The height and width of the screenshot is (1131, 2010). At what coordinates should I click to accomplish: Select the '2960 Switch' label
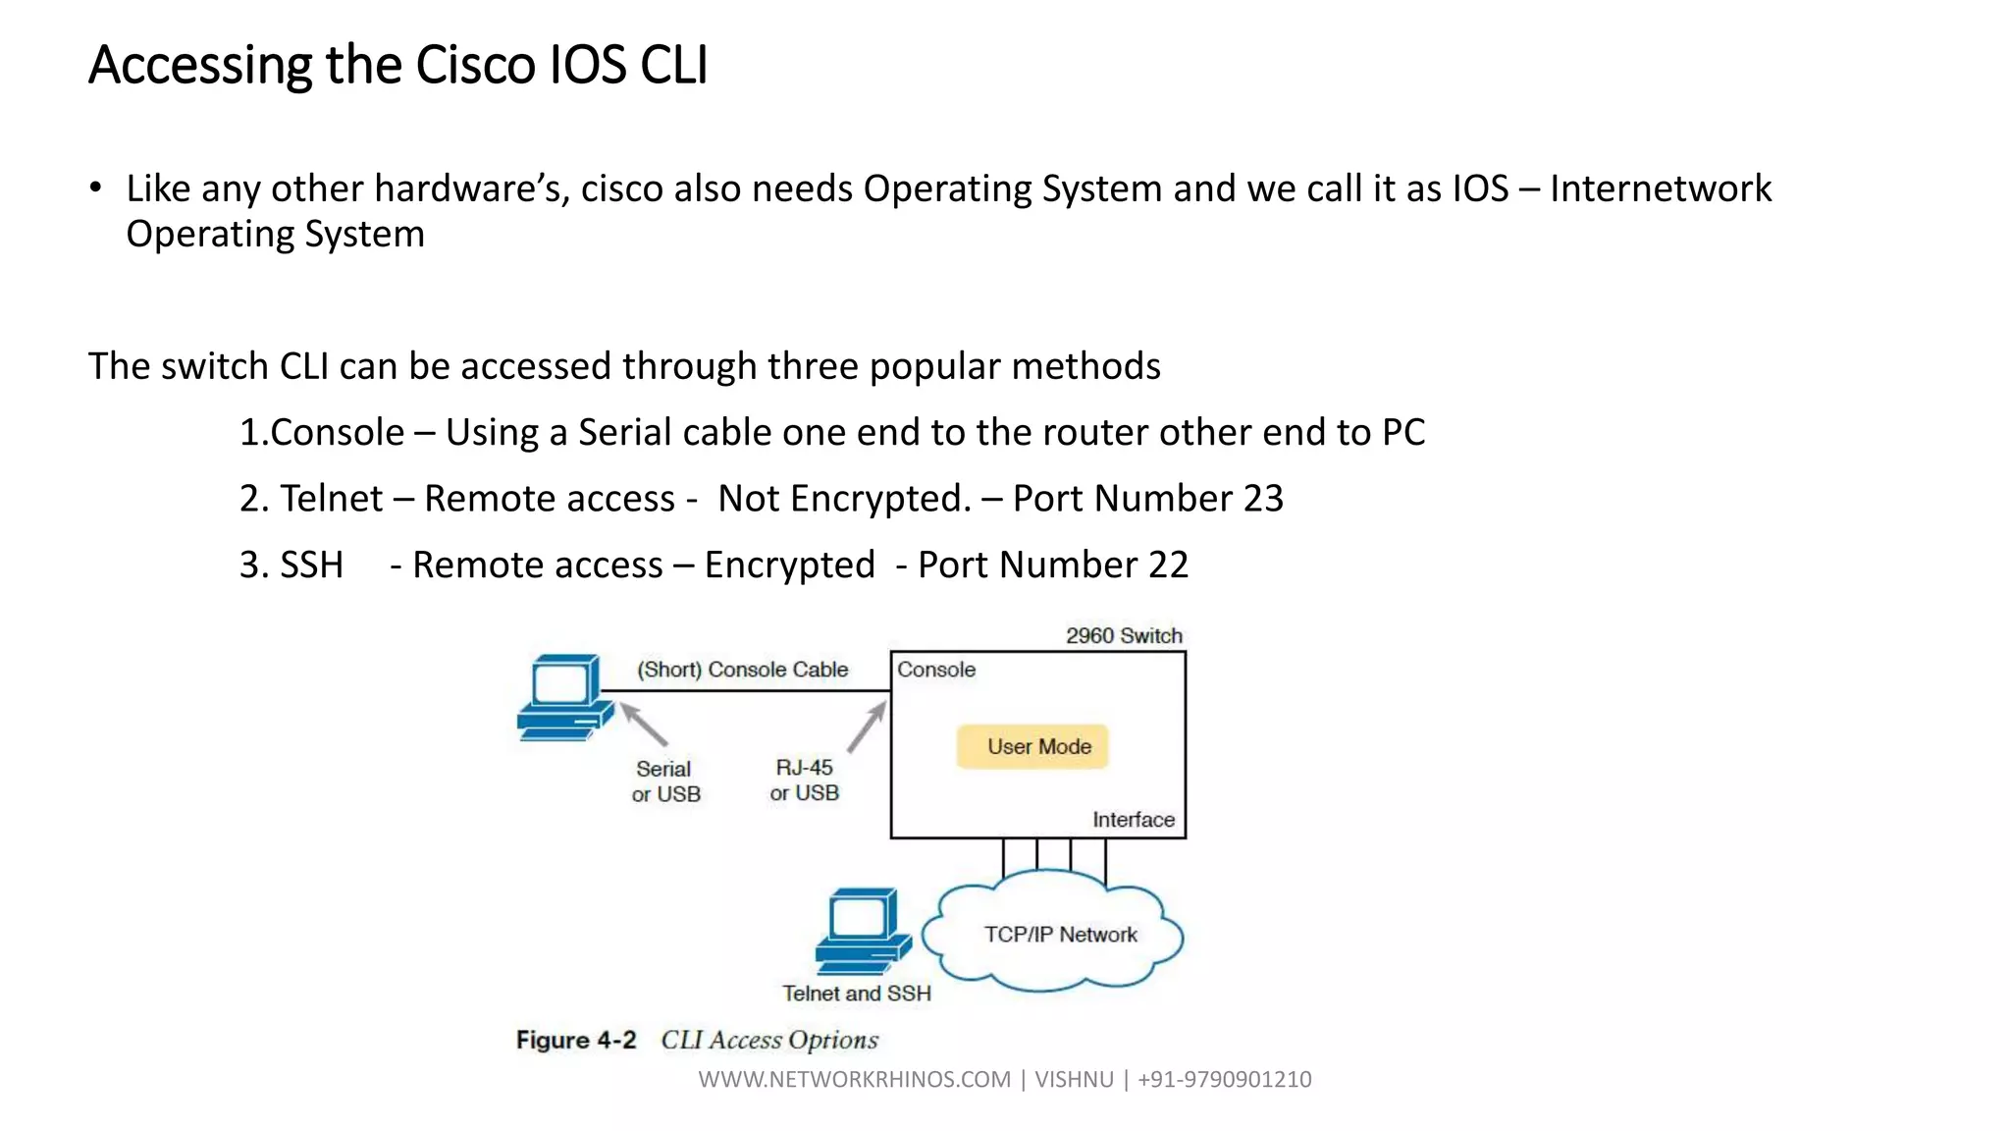pyautogui.click(x=1124, y=635)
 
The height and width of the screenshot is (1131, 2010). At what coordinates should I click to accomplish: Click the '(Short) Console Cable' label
pyautogui.click(x=742, y=670)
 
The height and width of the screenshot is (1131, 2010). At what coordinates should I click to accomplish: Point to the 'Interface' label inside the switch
pyautogui.click(x=1133, y=820)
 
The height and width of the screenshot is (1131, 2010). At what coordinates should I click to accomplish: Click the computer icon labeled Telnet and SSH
pyautogui.click(x=861, y=930)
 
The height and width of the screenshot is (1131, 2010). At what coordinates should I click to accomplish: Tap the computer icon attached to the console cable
pyautogui.click(x=563, y=696)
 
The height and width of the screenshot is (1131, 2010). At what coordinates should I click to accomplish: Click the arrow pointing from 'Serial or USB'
pyautogui.click(x=644, y=725)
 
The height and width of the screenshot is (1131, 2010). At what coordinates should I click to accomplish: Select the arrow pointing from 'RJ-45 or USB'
pyautogui.click(x=867, y=727)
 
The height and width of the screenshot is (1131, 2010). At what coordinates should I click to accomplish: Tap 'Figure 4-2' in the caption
pyautogui.click(x=576, y=1040)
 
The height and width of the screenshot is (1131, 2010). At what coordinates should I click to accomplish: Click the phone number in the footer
pyautogui.click(x=1224, y=1079)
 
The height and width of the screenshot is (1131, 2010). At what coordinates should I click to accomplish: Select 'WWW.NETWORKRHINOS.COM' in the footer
pyautogui.click(x=854, y=1079)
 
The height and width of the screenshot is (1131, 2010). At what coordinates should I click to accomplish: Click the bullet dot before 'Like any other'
pyautogui.click(x=95, y=187)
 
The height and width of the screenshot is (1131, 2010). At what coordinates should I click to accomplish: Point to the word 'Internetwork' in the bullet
pyautogui.click(x=1661, y=188)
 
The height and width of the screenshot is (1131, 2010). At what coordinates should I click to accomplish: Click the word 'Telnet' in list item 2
pyautogui.click(x=331, y=499)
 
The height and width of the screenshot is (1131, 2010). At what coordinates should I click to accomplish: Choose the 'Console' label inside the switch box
pyautogui.click(x=936, y=670)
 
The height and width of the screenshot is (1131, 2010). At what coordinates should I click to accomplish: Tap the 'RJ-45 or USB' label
pyautogui.click(x=804, y=781)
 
